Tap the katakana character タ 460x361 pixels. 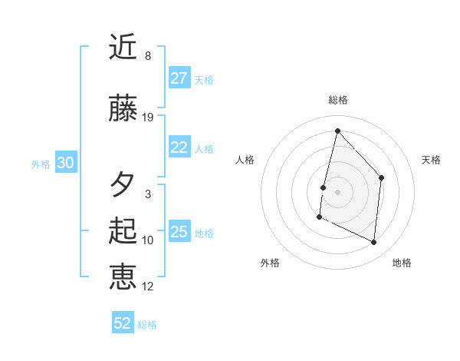coord(123,184)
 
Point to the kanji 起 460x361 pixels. coord(123,231)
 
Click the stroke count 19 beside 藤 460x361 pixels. coord(148,118)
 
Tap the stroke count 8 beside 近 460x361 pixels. coord(148,56)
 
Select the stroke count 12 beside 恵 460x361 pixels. coord(148,286)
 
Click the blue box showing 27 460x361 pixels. coord(179,78)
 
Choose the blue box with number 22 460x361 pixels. coord(179,147)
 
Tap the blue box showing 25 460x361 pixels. coord(179,232)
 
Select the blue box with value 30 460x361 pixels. coord(65,163)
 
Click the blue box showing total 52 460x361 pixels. coord(123,323)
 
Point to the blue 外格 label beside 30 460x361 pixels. coord(41,164)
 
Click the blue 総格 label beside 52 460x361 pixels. coord(147,325)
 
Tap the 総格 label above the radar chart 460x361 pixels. coord(337,100)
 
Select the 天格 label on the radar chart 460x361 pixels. coord(431,160)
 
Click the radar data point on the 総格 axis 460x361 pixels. coord(337,131)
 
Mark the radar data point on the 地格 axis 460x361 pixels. coord(374,242)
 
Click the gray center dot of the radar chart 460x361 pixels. coord(337,191)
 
